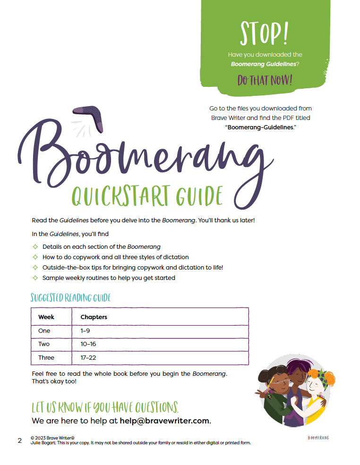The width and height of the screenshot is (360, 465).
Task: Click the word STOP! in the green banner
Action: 263,33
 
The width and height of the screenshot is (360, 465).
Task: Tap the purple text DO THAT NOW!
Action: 265,80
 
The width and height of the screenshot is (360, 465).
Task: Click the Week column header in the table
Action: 46,317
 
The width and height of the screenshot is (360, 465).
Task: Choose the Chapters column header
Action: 94,317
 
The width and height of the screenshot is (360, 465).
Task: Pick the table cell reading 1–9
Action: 85,331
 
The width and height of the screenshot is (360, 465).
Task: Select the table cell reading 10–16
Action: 88,344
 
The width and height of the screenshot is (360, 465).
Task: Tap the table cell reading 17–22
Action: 88,358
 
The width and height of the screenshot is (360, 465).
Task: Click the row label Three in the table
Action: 46,358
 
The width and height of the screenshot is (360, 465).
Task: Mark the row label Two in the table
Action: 44,344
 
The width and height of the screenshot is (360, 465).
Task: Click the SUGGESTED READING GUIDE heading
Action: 70,298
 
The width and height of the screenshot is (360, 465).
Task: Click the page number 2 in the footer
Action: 19,440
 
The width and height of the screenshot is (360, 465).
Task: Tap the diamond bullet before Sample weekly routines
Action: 34,278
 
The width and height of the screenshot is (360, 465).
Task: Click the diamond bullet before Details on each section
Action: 34,247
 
